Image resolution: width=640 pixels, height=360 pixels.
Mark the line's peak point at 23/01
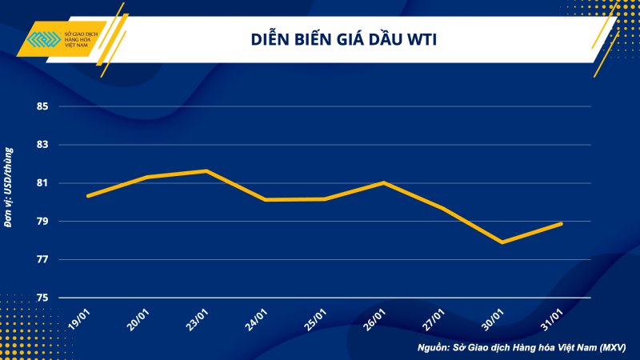(x=206, y=170)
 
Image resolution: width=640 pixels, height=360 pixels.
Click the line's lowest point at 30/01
(x=502, y=242)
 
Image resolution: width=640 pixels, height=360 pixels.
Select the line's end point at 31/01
(x=562, y=223)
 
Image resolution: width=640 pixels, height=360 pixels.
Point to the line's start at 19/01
(x=88, y=195)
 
